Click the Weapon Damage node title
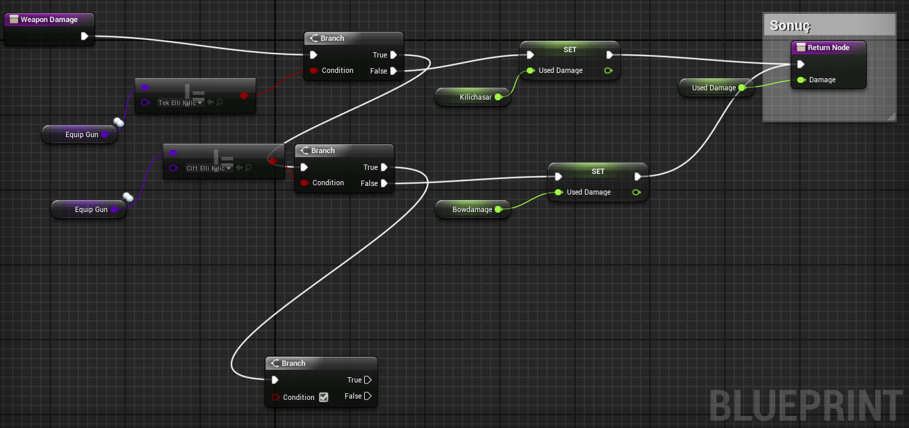click(49, 19)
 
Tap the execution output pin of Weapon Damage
click(84, 37)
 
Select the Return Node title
click(828, 47)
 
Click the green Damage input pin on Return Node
click(801, 80)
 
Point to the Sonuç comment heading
click(790, 25)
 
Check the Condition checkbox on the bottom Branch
click(323, 397)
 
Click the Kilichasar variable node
click(473, 97)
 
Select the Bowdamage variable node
click(473, 209)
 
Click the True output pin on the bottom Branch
click(367, 380)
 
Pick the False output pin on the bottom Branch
click(367, 396)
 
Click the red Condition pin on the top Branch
click(314, 70)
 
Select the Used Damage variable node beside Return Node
click(716, 88)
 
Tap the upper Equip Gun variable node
click(80, 134)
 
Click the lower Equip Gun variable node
click(89, 209)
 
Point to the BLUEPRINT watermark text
click(805, 405)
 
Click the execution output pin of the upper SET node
click(610, 55)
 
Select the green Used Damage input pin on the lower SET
click(559, 192)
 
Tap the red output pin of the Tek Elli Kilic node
click(244, 96)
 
